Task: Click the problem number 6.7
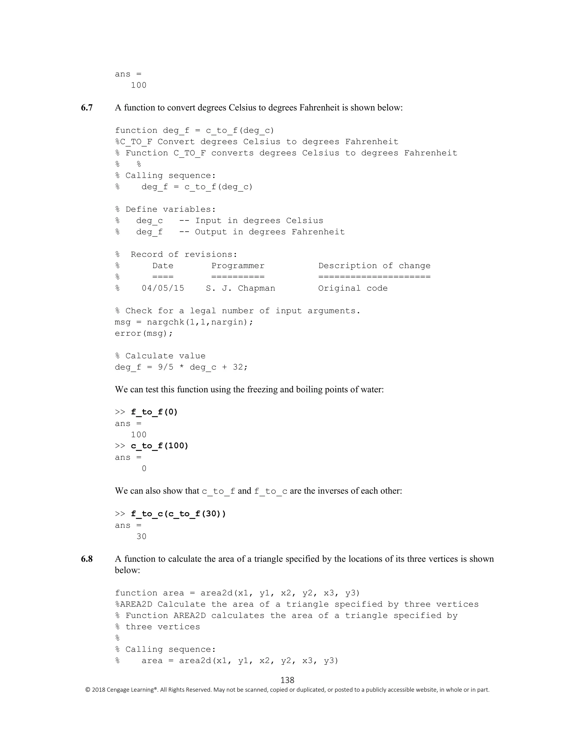point(86,108)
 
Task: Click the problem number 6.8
point(86,559)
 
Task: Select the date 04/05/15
point(163,288)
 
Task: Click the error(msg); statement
point(144,333)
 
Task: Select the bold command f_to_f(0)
point(154,412)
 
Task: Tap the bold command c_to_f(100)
point(159,446)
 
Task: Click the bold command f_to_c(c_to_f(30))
point(178,514)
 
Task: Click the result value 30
point(142,537)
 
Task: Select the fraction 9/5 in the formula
point(166,367)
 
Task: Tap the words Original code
point(353,288)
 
